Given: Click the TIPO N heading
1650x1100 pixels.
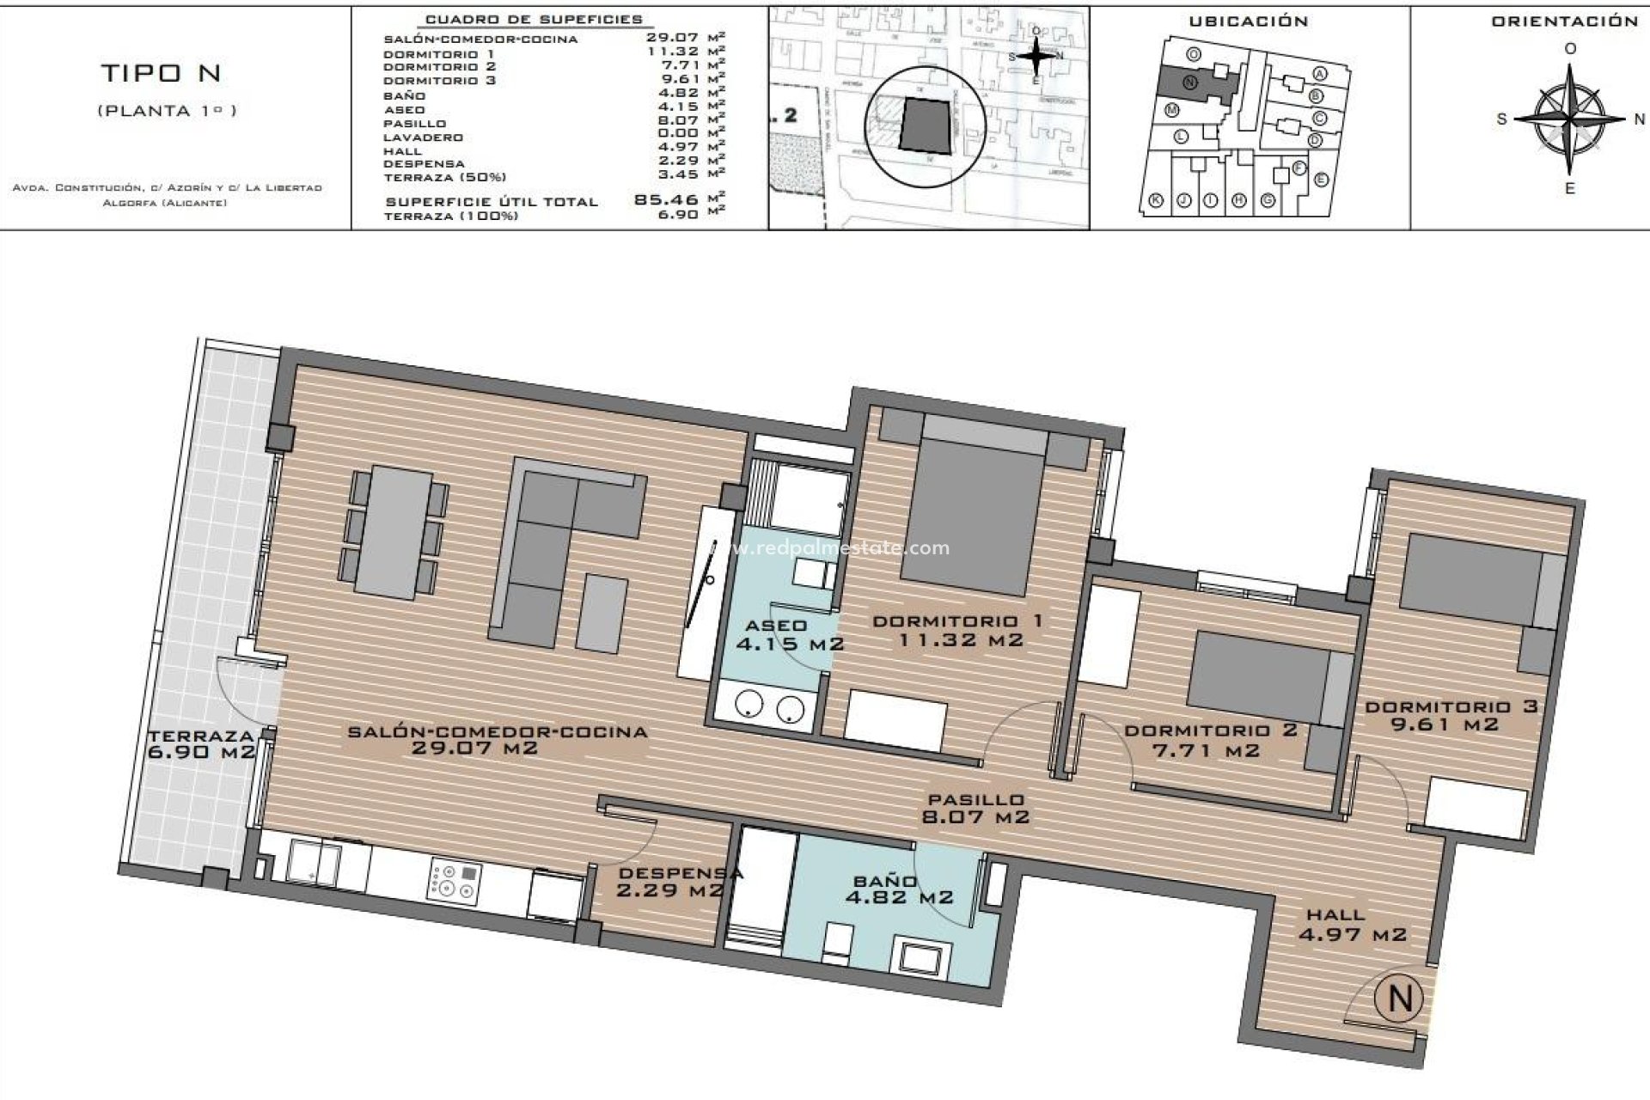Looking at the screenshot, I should click(x=161, y=74).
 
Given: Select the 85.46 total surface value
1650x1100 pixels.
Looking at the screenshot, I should click(x=664, y=200).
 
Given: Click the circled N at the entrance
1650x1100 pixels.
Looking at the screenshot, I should click(x=1400, y=998).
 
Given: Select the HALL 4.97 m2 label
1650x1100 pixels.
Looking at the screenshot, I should click(x=1351, y=926).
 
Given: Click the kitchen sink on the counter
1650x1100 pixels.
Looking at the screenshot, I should click(x=313, y=862).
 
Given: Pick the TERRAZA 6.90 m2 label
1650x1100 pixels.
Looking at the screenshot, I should click(x=201, y=744).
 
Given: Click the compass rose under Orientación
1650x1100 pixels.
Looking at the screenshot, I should click(x=1569, y=119).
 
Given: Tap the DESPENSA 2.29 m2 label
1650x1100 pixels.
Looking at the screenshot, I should click(x=669, y=882).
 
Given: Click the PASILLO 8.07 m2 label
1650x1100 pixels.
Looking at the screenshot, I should click(x=975, y=809).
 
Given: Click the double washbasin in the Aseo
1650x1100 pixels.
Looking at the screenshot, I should click(x=768, y=707).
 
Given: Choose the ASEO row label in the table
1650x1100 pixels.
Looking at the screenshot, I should click(x=404, y=109).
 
